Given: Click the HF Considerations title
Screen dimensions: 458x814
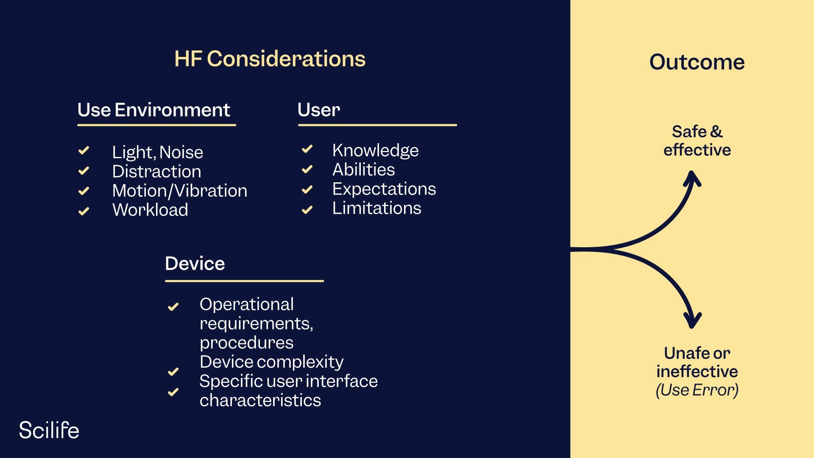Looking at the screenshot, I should (x=270, y=59).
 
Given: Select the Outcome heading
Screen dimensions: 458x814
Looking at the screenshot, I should (x=697, y=62).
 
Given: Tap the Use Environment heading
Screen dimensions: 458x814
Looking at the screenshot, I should (x=153, y=110).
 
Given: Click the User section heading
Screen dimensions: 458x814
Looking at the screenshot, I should (x=318, y=110).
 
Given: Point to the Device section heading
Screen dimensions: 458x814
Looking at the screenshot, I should (x=195, y=264).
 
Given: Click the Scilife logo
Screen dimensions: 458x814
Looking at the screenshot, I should (x=49, y=430).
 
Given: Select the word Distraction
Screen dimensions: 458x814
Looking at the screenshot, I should (x=156, y=172).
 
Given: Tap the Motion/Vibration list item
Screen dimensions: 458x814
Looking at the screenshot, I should (x=179, y=191).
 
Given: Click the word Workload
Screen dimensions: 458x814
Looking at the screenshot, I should (x=150, y=210).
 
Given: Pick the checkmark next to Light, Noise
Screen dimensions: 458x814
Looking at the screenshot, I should (x=84, y=151).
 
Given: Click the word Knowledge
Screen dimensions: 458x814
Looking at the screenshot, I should (x=375, y=151).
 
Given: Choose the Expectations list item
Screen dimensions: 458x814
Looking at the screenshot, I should (x=384, y=189).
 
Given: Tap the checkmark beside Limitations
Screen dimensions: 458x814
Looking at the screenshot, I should (x=307, y=209).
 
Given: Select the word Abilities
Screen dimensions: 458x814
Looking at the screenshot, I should (x=363, y=170).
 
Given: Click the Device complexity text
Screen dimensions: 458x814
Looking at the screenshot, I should (x=271, y=362).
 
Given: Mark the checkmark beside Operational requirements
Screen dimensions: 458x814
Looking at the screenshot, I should (x=173, y=307).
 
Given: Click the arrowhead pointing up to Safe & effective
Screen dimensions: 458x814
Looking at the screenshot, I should (x=692, y=178).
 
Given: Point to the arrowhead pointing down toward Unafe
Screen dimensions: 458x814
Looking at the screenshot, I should (x=692, y=321).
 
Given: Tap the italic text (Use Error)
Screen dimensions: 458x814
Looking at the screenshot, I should (x=697, y=390).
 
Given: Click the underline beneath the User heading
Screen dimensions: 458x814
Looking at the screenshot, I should (x=377, y=125).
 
